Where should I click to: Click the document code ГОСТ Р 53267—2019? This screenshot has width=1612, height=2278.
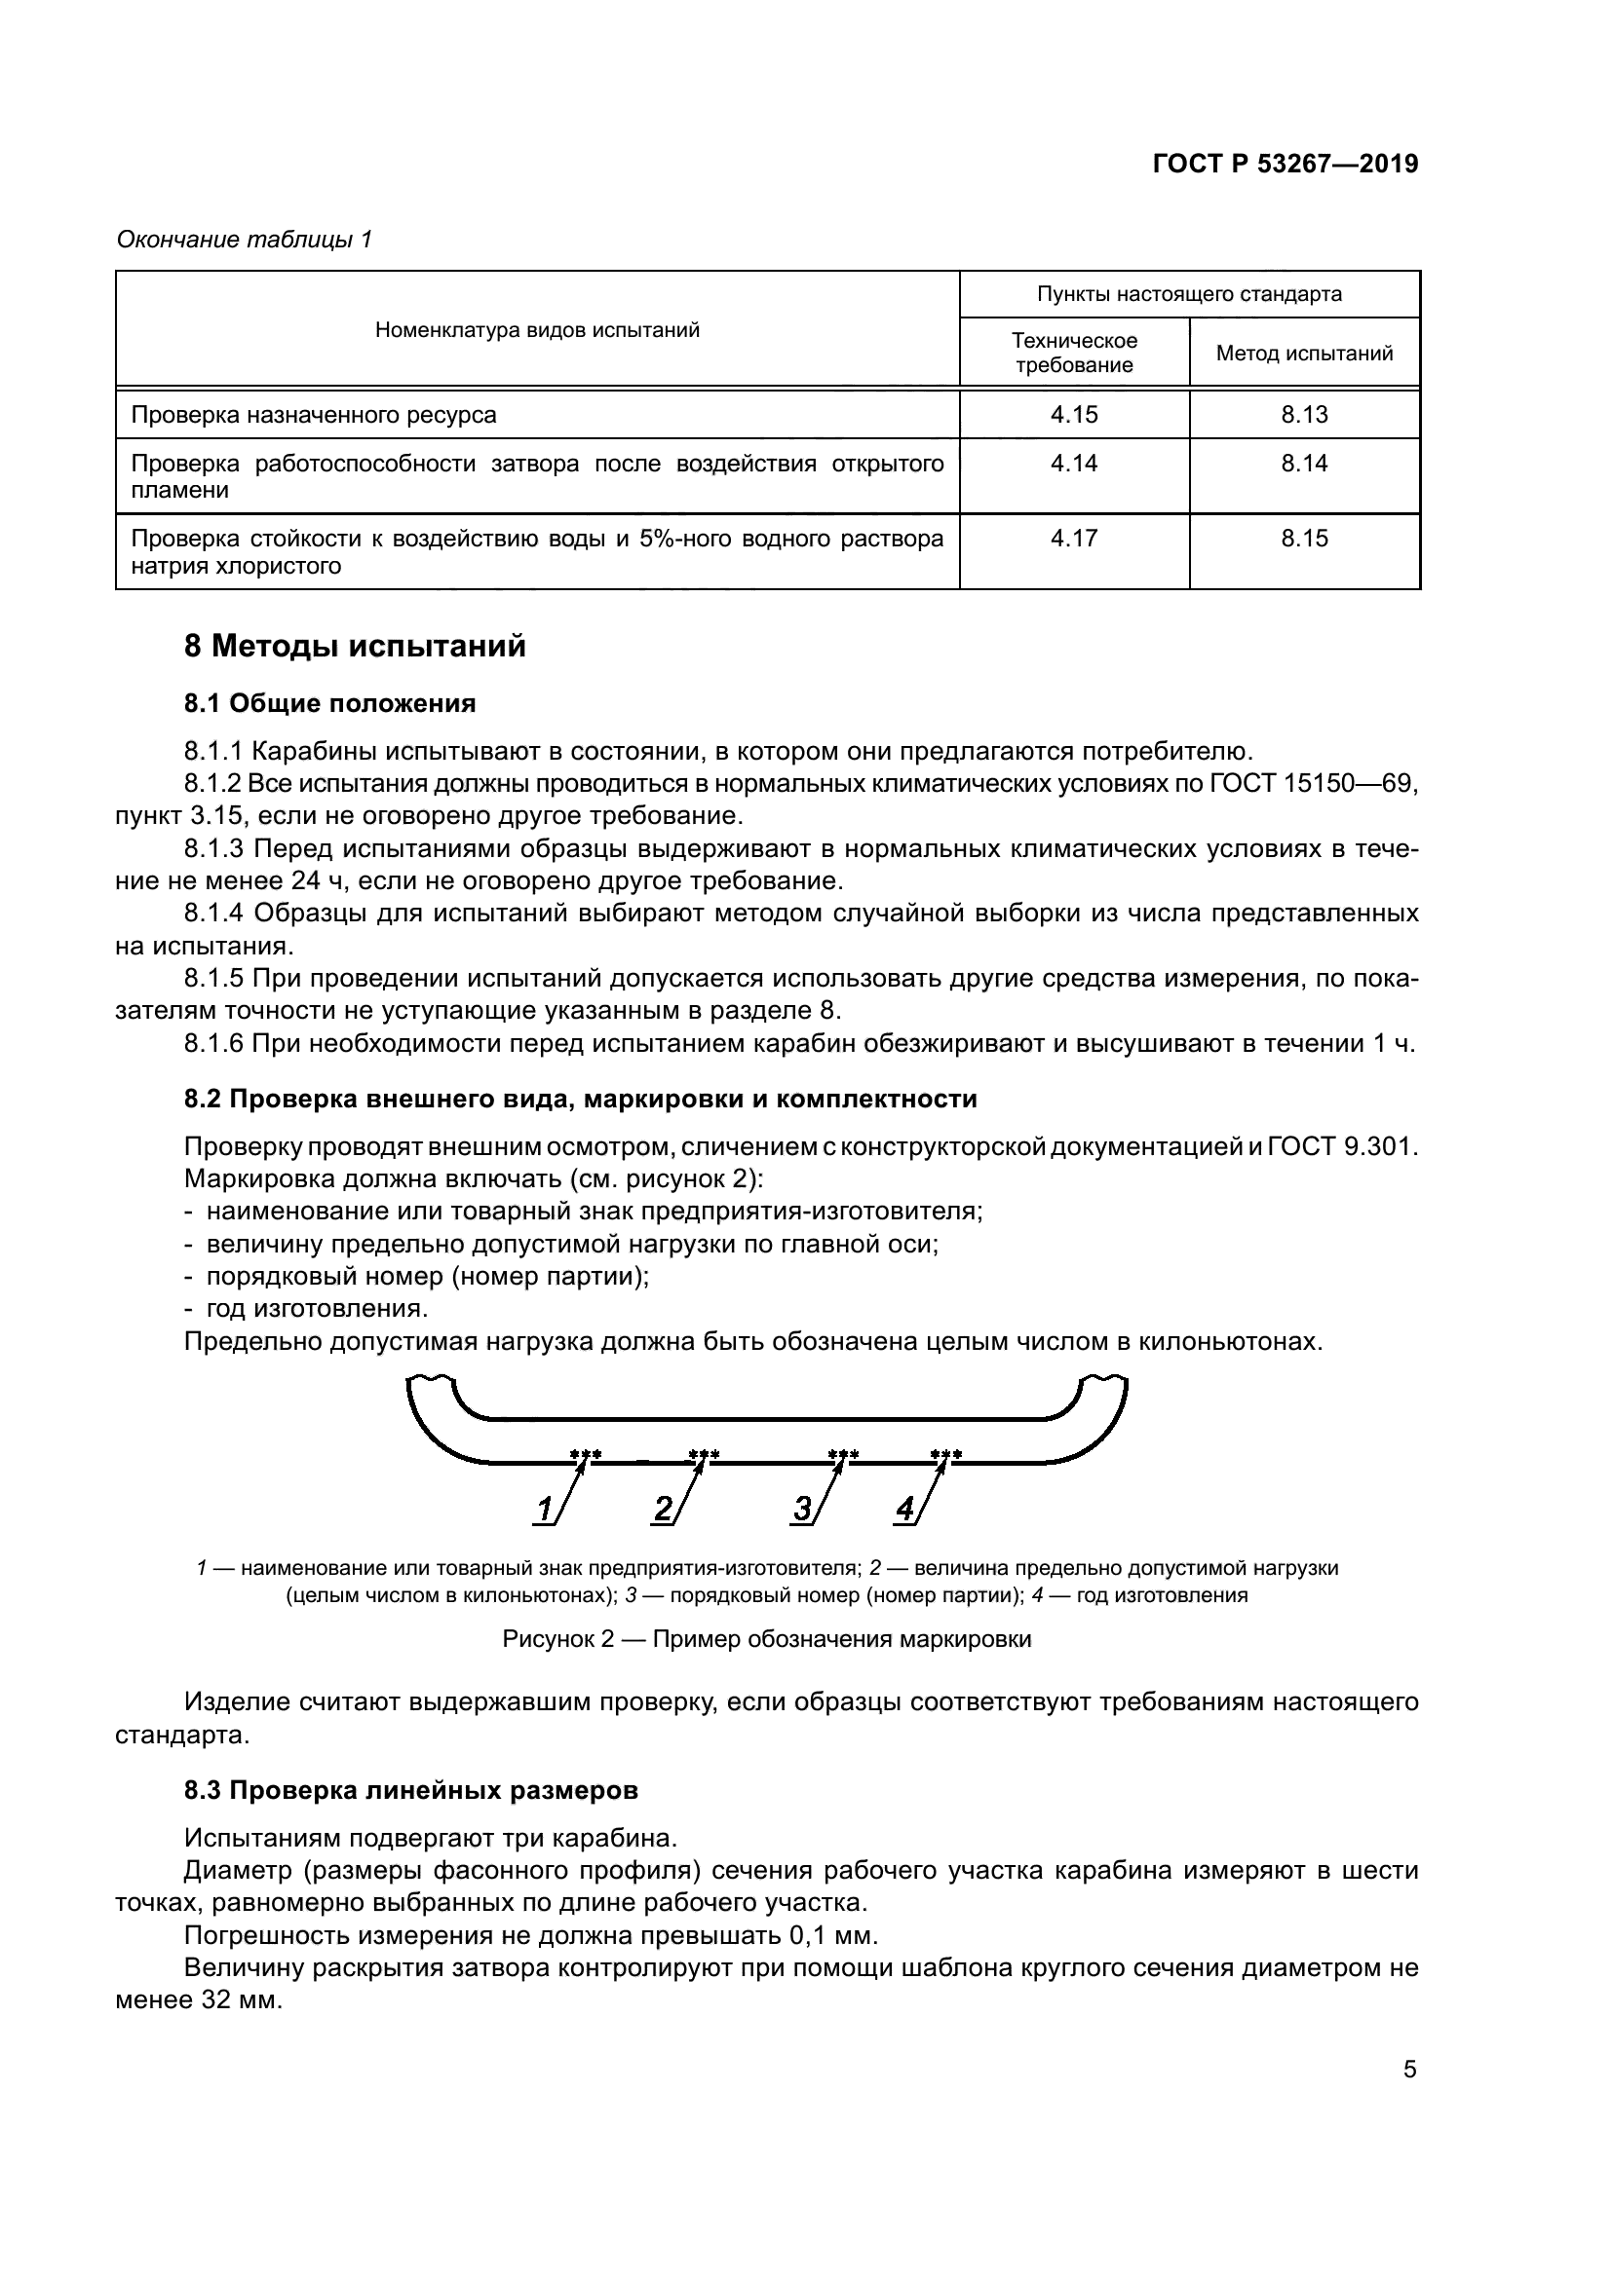click(1286, 164)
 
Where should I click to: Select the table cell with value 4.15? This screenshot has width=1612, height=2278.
click(1074, 415)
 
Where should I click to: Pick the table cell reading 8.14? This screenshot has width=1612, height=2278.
click(1303, 464)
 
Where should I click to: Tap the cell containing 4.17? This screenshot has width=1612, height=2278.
click(1074, 539)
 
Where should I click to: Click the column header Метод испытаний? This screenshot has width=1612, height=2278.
click(1304, 354)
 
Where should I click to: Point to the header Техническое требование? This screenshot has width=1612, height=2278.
click(1074, 353)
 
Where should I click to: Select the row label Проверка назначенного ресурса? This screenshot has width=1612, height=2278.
click(314, 415)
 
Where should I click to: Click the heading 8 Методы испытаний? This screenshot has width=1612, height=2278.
click(355, 647)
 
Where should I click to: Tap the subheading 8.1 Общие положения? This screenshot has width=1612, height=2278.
click(329, 703)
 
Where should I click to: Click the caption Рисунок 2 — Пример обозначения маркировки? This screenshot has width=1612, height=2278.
click(766, 1639)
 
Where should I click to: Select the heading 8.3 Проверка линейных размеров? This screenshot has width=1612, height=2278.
click(411, 1791)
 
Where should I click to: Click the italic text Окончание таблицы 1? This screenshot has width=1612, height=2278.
click(245, 240)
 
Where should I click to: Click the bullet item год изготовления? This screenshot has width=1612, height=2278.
click(317, 1309)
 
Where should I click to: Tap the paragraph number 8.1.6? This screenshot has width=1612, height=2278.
click(213, 1044)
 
